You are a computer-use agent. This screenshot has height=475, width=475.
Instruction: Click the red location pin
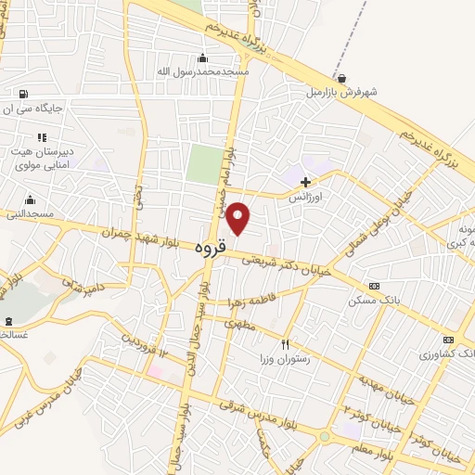click(x=238, y=217)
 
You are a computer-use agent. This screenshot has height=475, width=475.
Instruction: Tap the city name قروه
click(x=212, y=250)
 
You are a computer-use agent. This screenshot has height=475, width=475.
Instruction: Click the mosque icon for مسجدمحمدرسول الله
click(x=202, y=58)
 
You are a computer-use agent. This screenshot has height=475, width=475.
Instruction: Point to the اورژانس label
click(x=304, y=198)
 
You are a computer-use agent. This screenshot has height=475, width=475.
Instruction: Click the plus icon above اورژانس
click(x=304, y=182)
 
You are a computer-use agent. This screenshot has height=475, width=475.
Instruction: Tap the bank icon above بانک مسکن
click(x=374, y=286)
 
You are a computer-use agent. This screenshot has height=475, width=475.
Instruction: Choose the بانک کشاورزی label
click(x=446, y=354)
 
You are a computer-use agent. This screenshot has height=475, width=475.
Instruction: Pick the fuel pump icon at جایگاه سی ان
click(x=22, y=93)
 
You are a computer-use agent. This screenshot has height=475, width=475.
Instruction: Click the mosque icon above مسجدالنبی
click(x=30, y=199)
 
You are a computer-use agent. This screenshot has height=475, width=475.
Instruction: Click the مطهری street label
click(x=238, y=326)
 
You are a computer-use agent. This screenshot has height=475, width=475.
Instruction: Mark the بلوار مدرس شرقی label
click(x=263, y=416)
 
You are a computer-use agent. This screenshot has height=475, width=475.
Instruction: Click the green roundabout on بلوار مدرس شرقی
click(x=325, y=436)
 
